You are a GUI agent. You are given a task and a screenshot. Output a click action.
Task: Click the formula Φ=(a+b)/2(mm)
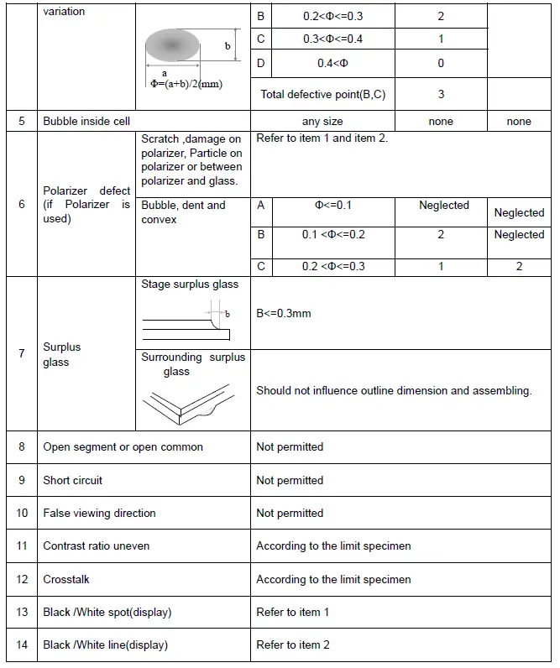click(x=186, y=84)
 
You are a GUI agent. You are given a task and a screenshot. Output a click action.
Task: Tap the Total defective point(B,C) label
click(x=323, y=94)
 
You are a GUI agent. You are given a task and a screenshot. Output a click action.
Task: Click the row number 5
click(x=21, y=122)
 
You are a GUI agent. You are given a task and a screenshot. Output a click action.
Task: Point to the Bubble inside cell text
click(x=86, y=122)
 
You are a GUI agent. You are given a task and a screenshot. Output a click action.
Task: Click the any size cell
click(x=322, y=122)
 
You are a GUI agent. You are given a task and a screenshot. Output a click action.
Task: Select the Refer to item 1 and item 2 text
click(x=322, y=138)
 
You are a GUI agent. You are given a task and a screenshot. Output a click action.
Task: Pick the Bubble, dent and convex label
click(x=183, y=212)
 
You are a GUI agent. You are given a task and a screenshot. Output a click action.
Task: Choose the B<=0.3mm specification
click(x=284, y=313)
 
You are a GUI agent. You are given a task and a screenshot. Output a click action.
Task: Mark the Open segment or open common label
click(x=123, y=447)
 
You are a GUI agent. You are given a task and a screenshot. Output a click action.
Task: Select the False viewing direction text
click(x=99, y=513)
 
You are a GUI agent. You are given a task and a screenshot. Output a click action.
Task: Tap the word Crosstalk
click(x=66, y=579)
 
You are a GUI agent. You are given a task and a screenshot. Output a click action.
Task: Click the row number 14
click(x=21, y=645)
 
